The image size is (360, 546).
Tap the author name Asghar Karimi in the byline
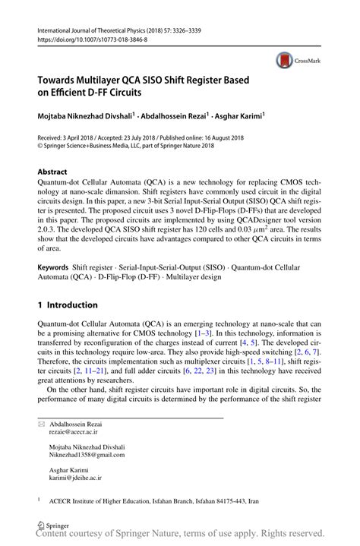pyautogui.click(x=235, y=118)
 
